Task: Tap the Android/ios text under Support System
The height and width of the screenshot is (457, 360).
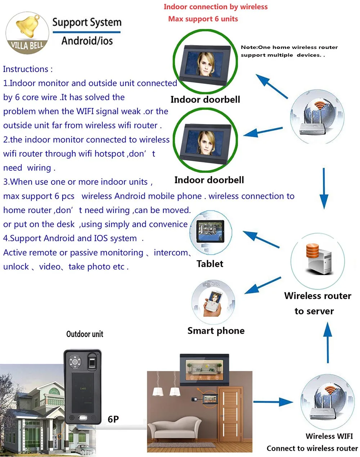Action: [87, 41]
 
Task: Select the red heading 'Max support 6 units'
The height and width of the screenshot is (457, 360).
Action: [203, 19]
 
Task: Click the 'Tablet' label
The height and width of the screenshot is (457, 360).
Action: [210, 264]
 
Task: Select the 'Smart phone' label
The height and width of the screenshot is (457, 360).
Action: [216, 331]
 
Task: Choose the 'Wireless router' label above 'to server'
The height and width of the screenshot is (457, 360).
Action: [318, 296]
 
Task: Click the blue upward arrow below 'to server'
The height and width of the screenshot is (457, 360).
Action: [328, 342]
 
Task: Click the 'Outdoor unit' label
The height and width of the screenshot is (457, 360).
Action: [85, 334]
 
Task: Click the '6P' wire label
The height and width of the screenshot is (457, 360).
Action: [113, 419]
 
